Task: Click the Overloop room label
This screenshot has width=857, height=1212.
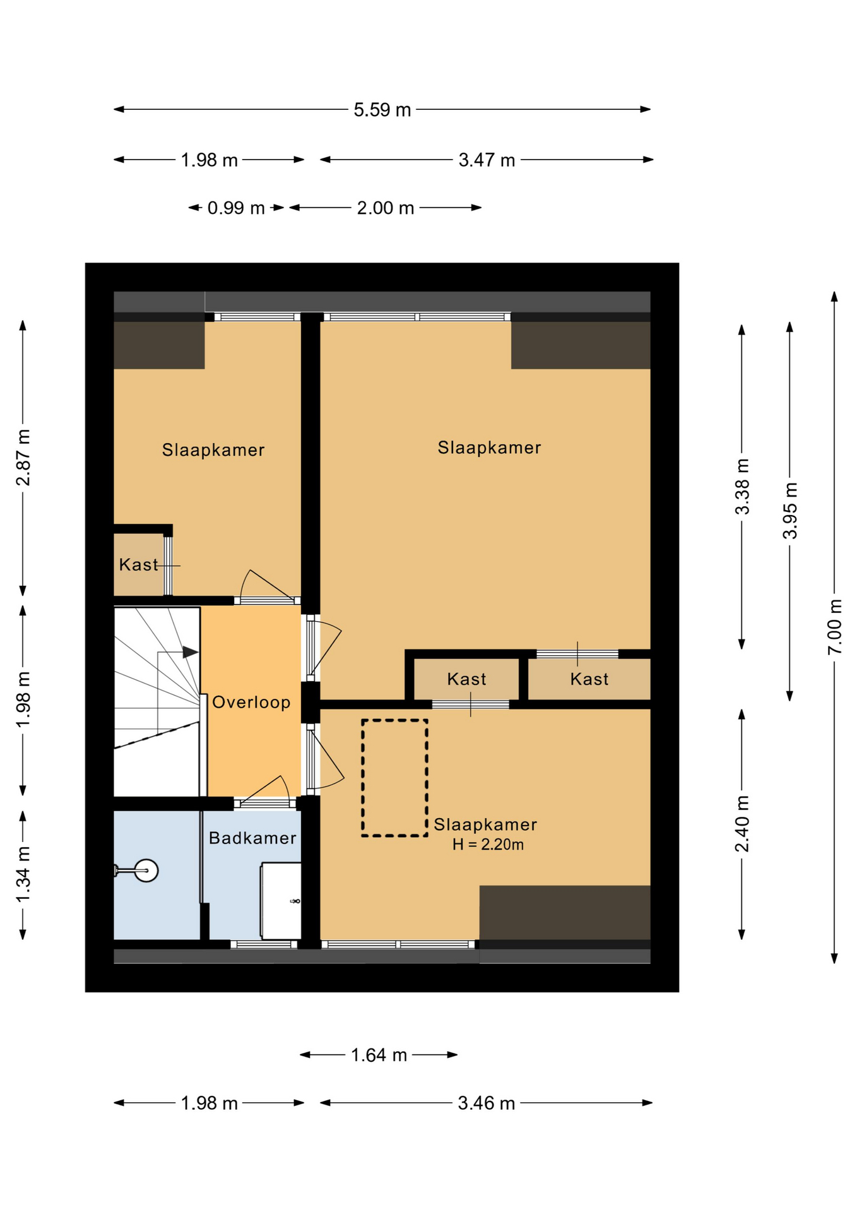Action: point(251,702)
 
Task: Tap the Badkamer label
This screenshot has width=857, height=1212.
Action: point(252,838)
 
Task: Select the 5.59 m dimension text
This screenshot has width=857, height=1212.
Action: point(382,110)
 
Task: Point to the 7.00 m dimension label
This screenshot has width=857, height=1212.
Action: point(834,627)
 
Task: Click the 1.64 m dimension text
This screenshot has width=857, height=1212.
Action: point(379,1055)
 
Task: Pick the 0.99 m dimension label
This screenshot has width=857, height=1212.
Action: point(236,208)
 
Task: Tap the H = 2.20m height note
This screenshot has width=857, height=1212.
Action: point(488,845)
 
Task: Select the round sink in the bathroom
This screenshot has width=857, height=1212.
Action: point(146,870)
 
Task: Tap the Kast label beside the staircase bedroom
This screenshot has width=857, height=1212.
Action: point(139,564)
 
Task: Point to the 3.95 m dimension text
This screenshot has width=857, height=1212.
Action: point(790,510)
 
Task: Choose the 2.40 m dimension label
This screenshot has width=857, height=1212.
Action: point(742,824)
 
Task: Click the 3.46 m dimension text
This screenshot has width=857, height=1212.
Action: point(487,1103)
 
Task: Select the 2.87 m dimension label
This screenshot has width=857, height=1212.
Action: point(23,458)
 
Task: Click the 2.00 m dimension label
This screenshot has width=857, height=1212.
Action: point(386,208)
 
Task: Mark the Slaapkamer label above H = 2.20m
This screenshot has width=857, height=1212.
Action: point(485,824)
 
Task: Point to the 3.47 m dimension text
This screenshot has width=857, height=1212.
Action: point(487,160)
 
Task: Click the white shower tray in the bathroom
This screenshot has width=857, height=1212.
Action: point(281,901)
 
